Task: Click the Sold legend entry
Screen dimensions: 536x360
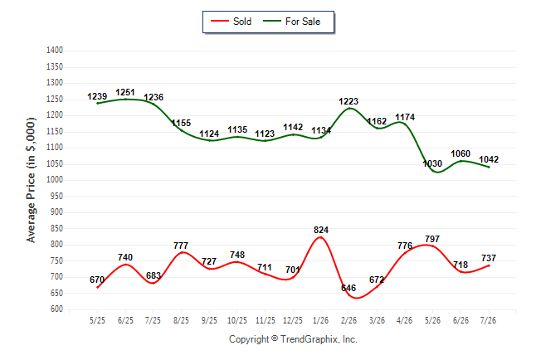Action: tap(231, 22)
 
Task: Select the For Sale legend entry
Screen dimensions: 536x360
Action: tap(291, 22)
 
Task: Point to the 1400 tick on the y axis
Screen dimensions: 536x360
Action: tap(55, 51)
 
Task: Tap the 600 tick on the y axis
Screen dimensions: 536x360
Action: tap(56, 309)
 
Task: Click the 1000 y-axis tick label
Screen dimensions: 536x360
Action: tap(55, 179)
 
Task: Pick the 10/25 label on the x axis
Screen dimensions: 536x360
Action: tap(237, 320)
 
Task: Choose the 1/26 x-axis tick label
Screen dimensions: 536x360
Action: tap(320, 320)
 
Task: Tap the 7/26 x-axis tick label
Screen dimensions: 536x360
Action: tap(488, 320)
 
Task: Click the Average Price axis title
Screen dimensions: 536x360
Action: tap(31, 180)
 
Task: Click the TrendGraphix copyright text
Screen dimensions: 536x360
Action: tap(293, 339)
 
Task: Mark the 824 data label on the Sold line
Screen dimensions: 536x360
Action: tap(321, 230)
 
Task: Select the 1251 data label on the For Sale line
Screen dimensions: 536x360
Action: tap(125, 92)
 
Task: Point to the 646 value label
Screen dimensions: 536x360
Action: tap(348, 288)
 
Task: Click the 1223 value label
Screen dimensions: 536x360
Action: tap(348, 101)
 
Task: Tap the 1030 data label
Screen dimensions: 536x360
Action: tap(432, 163)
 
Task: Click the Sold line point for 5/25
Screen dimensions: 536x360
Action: tap(97, 287)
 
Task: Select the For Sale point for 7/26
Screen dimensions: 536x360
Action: tap(489, 167)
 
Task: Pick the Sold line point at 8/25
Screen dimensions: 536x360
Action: tap(181, 253)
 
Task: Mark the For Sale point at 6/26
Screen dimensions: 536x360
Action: tap(460, 161)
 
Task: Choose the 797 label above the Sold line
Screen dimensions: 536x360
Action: tap(432, 239)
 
